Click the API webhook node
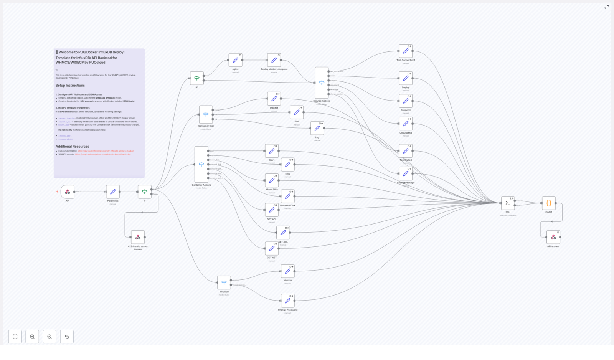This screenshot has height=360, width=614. pyautogui.click(x=68, y=192)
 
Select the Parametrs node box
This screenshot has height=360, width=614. pyautogui.click(x=113, y=192)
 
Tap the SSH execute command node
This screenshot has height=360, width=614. pyautogui.click(x=508, y=203)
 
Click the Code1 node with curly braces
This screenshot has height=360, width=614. pyautogui.click(x=549, y=203)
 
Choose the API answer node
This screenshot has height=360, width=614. pyautogui.click(x=553, y=237)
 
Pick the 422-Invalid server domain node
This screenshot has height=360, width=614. pyautogui.click(x=138, y=237)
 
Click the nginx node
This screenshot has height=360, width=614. pyautogui.click(x=235, y=60)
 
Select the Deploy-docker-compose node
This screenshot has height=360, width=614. pyautogui.click(x=274, y=60)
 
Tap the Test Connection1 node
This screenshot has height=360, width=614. pyautogui.click(x=406, y=51)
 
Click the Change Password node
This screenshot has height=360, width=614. pyautogui.click(x=287, y=301)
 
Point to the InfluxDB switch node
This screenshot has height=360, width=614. pyautogui.click(x=224, y=282)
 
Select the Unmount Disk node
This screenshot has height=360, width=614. pyautogui.click(x=287, y=196)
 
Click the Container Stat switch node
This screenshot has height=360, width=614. pyautogui.click(x=206, y=114)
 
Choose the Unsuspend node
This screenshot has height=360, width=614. pyautogui.click(x=406, y=124)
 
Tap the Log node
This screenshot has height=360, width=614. pyautogui.click(x=317, y=128)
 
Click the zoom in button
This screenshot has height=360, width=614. pyautogui.click(x=32, y=337)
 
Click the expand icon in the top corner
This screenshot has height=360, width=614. pyautogui.click(x=607, y=7)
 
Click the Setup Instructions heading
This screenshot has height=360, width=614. pyautogui.click(x=70, y=86)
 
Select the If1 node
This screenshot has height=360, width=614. pyautogui.click(x=197, y=78)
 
